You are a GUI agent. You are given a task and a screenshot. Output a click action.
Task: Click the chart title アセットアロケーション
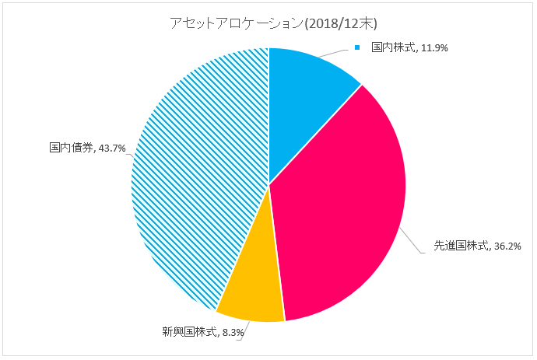(x=233, y=23)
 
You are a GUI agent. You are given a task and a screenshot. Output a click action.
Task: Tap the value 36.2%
(x=507, y=246)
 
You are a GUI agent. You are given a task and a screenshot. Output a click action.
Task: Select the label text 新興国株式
(x=181, y=333)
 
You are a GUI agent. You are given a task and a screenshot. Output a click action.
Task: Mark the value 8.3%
(x=232, y=333)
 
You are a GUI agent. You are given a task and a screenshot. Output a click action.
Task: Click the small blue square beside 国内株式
(x=358, y=48)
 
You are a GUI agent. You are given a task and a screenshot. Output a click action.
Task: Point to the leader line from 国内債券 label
(x=130, y=148)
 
